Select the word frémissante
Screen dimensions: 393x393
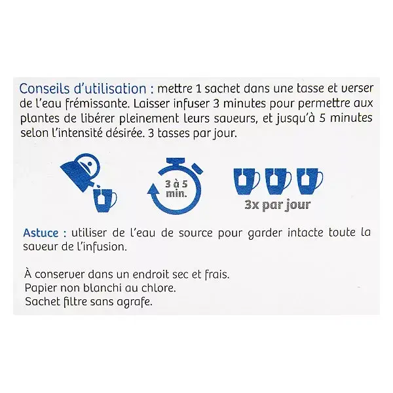98,103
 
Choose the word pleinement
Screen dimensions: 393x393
149,119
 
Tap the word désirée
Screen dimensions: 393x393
125,133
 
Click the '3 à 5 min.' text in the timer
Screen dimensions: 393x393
176,189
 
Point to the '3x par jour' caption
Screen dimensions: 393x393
278,205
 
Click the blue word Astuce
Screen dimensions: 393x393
41,233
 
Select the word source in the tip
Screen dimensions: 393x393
195,233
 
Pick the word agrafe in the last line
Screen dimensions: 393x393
134,301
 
